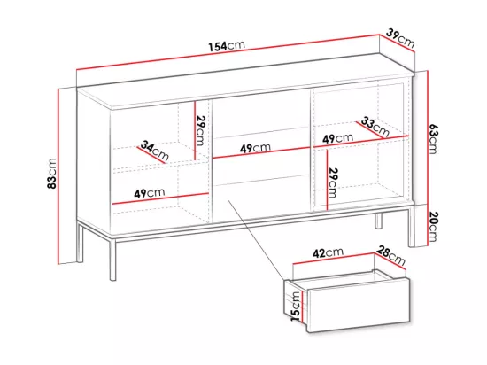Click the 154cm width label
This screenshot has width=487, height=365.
[x=227, y=46]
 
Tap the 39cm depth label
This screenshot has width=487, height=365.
[x=400, y=38]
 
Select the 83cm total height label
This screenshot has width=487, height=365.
[x=52, y=173]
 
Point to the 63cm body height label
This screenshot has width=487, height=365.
[x=433, y=138]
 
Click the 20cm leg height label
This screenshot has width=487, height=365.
[x=433, y=227]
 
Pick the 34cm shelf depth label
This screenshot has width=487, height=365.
[x=154, y=151]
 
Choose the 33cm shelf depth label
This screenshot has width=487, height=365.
[x=375, y=127]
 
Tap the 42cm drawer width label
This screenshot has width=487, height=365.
[x=328, y=252]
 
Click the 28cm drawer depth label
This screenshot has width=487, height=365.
[x=391, y=256]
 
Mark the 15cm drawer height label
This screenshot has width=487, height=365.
[x=296, y=307]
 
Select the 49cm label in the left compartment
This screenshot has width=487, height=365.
[x=150, y=193]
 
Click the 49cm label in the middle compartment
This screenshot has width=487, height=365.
[x=255, y=148]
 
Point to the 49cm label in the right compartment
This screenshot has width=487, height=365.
[x=337, y=138]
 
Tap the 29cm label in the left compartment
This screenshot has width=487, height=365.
[x=200, y=130]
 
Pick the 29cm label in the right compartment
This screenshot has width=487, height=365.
[x=333, y=182]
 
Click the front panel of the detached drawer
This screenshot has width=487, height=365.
[x=359, y=305]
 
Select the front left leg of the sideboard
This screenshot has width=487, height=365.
[x=112, y=260]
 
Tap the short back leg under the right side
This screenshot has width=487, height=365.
[x=378, y=221]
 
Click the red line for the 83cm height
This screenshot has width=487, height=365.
[x=58, y=176]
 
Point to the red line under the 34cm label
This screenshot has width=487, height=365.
[x=151, y=155]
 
